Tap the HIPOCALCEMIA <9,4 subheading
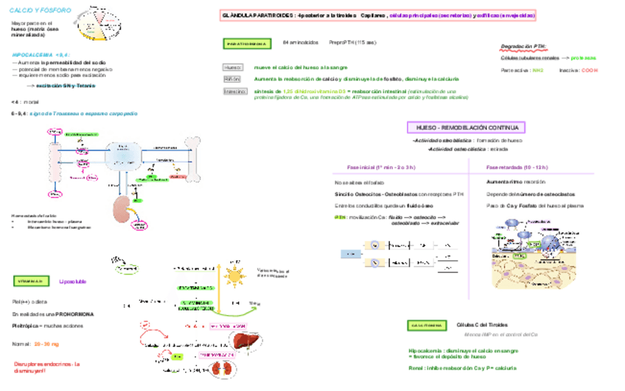pyautogui.click(x=41, y=55)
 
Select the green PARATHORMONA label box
pyautogui.click(x=246, y=44)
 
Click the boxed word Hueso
pyautogui.click(x=232, y=67)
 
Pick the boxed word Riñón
pyautogui.click(x=231, y=78)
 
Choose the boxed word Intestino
pyautogui.click(x=234, y=91)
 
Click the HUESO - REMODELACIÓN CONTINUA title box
pyautogui.click(x=466, y=128)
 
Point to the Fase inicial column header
pyautogui.click(x=381, y=167)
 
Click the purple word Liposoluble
pyautogui.click(x=72, y=281)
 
